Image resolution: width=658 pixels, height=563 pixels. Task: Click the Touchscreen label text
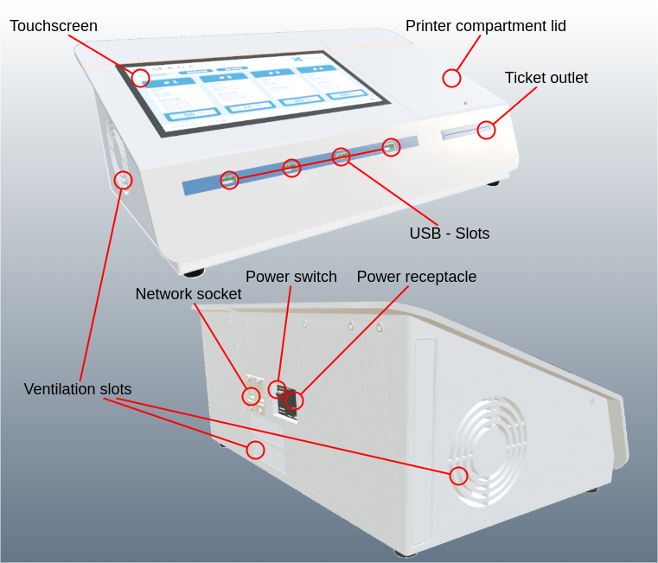click(x=54, y=26)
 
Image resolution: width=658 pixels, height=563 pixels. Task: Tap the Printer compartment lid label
click(x=485, y=26)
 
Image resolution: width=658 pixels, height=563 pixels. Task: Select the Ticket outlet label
click(x=546, y=78)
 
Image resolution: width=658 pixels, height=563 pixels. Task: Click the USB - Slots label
click(x=449, y=234)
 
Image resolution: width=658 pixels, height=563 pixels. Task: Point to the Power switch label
click(x=291, y=277)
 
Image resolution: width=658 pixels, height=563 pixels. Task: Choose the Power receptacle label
click(x=416, y=277)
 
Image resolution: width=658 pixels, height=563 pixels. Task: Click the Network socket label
click(x=188, y=294)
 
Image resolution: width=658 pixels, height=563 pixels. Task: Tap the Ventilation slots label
click(x=78, y=389)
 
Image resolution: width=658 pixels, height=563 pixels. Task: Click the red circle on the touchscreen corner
click(x=141, y=78)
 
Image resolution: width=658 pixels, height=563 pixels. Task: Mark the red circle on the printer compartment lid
click(x=451, y=78)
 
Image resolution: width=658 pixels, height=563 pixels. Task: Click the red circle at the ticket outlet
click(x=487, y=130)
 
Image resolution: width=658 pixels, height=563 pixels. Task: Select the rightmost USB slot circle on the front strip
click(x=392, y=147)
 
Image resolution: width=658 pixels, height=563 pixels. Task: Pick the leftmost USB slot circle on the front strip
click(x=229, y=180)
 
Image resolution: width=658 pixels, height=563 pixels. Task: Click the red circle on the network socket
click(x=251, y=396)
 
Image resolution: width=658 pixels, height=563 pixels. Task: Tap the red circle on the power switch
click(x=277, y=389)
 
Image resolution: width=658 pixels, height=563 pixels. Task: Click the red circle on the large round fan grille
click(x=458, y=476)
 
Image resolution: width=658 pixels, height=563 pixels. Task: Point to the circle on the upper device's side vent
click(x=124, y=180)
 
